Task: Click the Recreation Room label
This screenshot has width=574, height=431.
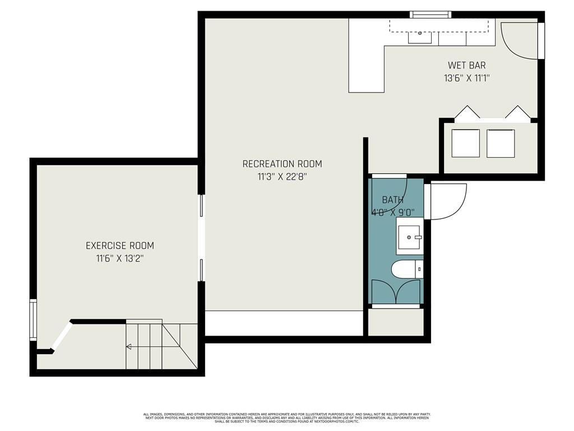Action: point(282,164)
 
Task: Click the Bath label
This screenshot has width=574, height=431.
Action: point(392,200)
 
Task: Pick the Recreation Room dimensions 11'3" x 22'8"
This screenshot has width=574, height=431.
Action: point(282,177)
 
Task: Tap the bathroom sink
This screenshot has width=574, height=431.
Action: point(410,236)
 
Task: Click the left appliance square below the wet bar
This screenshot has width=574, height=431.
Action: point(465,143)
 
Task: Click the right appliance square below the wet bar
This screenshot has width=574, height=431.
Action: point(501,143)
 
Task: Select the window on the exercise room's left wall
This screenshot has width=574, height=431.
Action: point(33,320)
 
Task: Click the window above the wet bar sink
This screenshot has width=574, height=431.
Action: point(430,15)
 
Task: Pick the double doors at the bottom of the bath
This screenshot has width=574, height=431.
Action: point(396,292)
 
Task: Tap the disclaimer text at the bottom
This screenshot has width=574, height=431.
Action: point(286,418)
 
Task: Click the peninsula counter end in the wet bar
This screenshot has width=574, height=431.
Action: point(366,79)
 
